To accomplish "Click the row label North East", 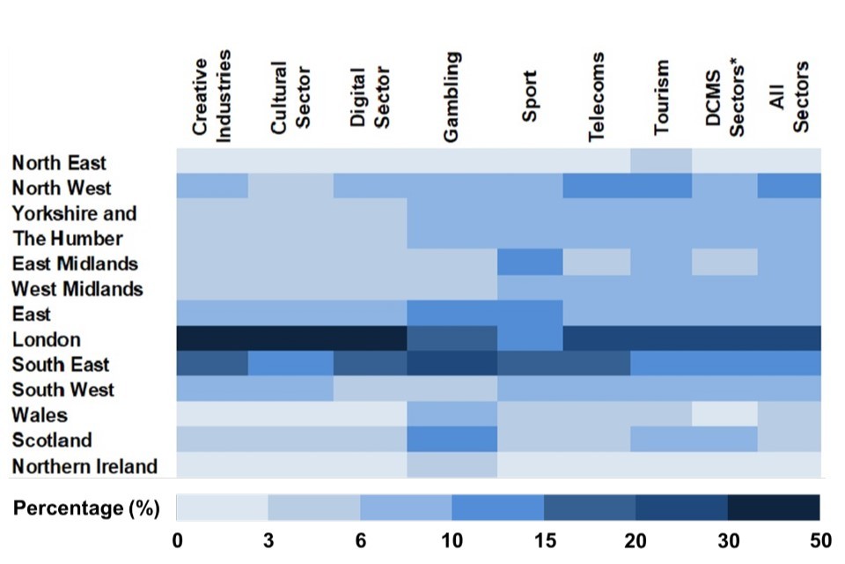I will point(58,163).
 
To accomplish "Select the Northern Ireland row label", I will point(84,466).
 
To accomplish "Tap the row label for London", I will point(46,339).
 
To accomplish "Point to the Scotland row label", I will point(51,441).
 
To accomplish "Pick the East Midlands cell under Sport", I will point(530,262).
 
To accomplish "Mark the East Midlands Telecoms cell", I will point(597,262).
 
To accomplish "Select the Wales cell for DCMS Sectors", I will point(724,413).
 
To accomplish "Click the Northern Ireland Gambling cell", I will point(452,464).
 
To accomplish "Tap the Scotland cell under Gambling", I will point(452,439).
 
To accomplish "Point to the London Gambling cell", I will point(452,338).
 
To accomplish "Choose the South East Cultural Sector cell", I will point(291,363).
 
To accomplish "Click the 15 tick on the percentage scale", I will point(543,539).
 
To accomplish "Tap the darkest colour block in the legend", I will point(774,508).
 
